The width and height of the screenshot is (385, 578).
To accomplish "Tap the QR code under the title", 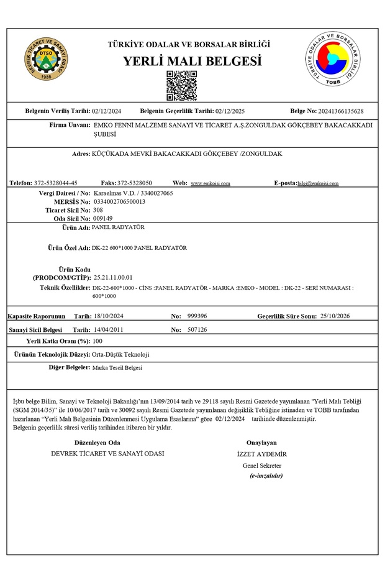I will (182, 86).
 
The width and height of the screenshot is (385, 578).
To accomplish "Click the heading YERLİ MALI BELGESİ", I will (192, 62).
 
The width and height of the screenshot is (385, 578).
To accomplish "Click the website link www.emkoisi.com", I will (211, 184).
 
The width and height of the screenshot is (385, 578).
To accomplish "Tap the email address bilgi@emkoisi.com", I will (318, 184).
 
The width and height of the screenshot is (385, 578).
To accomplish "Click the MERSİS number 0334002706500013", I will (119, 202).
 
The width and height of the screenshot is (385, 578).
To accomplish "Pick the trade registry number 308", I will (97, 210).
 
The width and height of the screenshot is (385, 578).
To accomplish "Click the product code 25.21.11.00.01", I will (112, 277).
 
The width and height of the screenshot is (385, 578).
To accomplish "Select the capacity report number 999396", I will (197, 316).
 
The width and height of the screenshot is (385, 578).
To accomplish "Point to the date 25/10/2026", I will (335, 316).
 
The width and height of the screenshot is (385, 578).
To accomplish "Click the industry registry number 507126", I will (197, 329).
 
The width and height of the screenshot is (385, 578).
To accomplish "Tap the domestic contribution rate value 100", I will (97, 342).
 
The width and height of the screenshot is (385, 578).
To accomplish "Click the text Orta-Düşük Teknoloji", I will (120, 354).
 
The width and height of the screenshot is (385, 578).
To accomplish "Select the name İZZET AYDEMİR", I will (262, 454).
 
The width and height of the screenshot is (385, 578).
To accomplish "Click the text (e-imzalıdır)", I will (266, 475).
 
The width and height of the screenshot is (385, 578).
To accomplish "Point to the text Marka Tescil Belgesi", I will (117, 368).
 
